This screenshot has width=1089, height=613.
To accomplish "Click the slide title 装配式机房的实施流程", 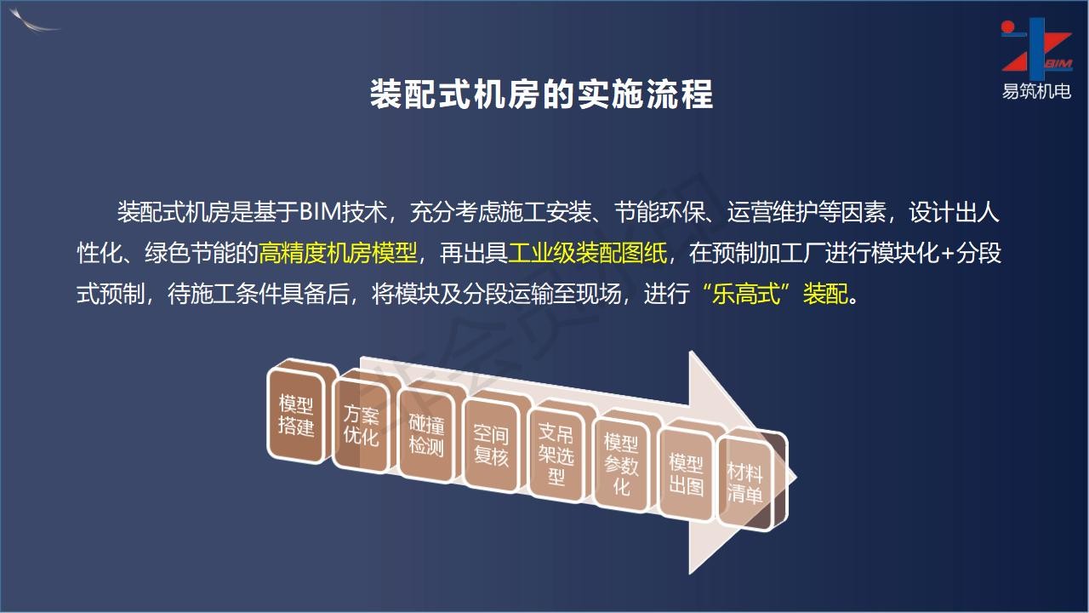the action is (541, 95).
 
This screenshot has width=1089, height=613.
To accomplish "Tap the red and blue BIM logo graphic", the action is (1036, 49).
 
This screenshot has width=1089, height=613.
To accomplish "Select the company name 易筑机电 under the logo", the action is (1036, 91).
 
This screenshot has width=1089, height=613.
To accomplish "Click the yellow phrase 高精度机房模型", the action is (338, 253).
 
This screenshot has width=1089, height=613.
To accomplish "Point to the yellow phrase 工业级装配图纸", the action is (587, 253).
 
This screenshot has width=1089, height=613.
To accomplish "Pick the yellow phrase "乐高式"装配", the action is (775, 294).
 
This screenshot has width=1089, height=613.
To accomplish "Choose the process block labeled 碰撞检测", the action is (426, 434).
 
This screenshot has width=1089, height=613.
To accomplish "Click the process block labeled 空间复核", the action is (491, 445).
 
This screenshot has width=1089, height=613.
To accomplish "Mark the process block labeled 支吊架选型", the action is (556, 455).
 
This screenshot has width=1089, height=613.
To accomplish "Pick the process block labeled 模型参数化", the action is (621, 465).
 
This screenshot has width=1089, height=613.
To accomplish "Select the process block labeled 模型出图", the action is (686, 474).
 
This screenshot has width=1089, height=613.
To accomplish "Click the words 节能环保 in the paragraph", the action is (659, 212).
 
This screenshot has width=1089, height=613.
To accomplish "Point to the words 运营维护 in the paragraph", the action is (773, 212).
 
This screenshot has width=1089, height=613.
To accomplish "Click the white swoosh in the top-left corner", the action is (34, 21).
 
